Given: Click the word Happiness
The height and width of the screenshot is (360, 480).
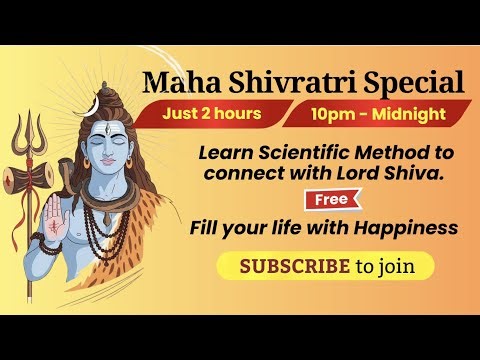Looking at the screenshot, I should point(409,228).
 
